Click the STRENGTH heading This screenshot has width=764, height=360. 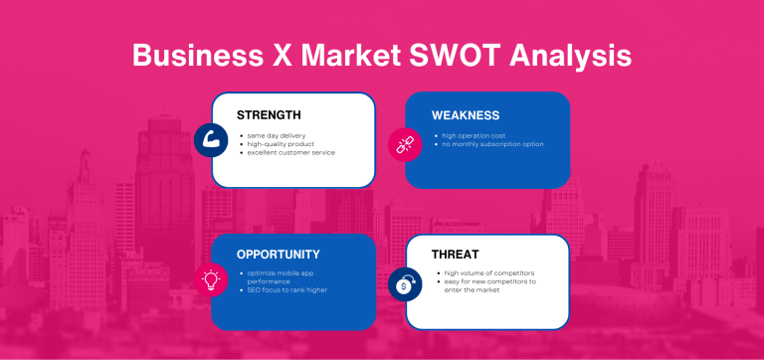pyautogui.click(x=269, y=115)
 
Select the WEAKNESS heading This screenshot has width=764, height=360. pyautogui.click(x=465, y=115)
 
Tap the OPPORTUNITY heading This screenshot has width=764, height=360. pyautogui.click(x=279, y=254)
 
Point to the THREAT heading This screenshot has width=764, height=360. pyautogui.click(x=456, y=254)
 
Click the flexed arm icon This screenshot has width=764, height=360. pyautogui.click(x=211, y=139)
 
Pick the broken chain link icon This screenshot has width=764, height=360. pyautogui.click(x=405, y=143)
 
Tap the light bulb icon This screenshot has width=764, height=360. pyautogui.click(x=211, y=280)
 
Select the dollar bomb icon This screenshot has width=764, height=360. pyautogui.click(x=405, y=284)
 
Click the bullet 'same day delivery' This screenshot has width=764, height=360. pyautogui.click(x=278, y=134)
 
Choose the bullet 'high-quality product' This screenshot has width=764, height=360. pyautogui.click(x=283, y=143)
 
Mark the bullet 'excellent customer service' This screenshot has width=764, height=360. pyautogui.click(x=292, y=152)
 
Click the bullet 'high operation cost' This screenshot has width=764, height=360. pyautogui.click(x=474, y=134)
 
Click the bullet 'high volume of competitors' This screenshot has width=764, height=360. pyautogui.click(x=489, y=272)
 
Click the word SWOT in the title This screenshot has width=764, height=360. pyautogui.click(x=446, y=55)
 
